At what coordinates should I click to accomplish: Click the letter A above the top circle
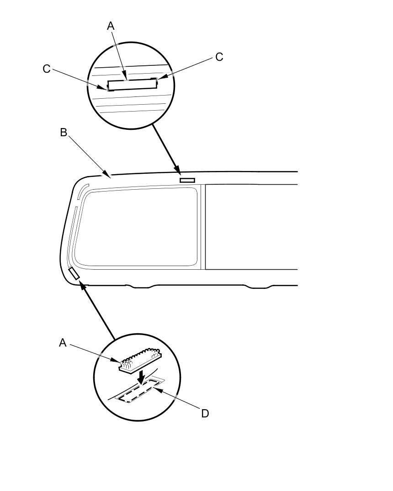pos(111,26)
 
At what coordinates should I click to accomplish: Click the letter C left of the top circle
pos(46,69)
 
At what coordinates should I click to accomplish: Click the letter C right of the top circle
pos(219,57)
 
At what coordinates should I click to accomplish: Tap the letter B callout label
pos(64,133)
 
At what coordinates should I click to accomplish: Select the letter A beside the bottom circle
pos(63,342)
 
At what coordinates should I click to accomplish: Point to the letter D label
pos(205,413)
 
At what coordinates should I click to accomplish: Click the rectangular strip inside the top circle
pos(131,85)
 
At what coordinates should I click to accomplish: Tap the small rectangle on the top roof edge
pos(187,180)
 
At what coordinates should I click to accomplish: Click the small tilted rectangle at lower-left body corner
pos(74,273)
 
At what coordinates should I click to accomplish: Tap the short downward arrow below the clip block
pos(142,377)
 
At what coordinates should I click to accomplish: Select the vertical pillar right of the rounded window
pos(203,226)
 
